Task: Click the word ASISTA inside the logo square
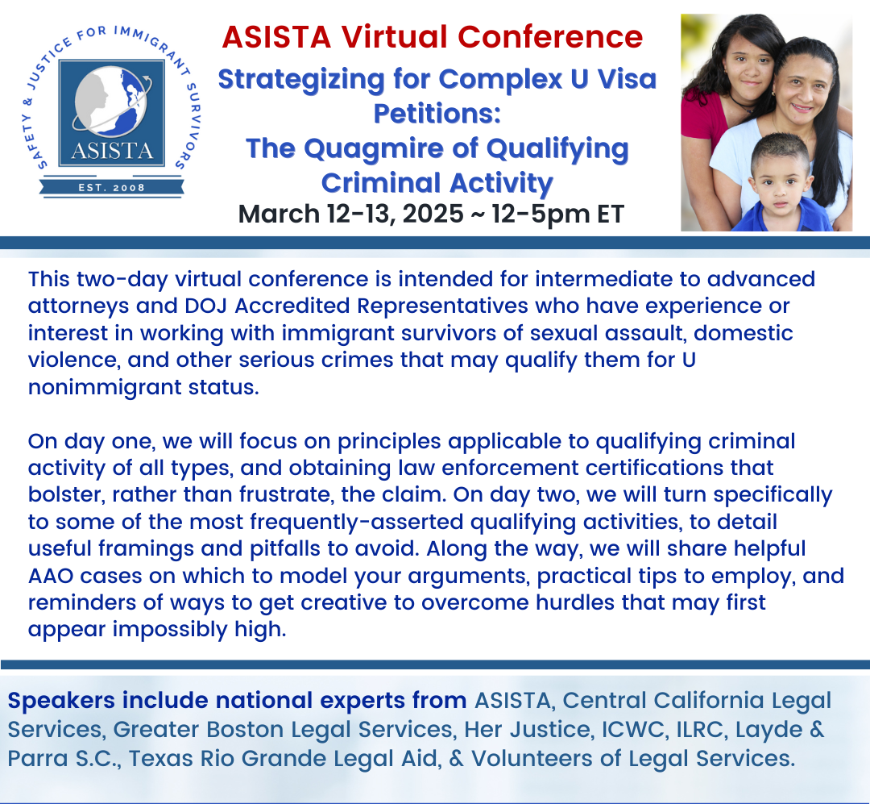(112, 151)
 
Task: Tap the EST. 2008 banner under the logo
(111, 187)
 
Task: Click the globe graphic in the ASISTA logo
(111, 101)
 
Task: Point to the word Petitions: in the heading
(437, 114)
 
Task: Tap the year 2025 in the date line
(433, 214)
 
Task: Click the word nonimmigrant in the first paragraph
(105, 387)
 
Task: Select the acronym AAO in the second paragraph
(51, 577)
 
